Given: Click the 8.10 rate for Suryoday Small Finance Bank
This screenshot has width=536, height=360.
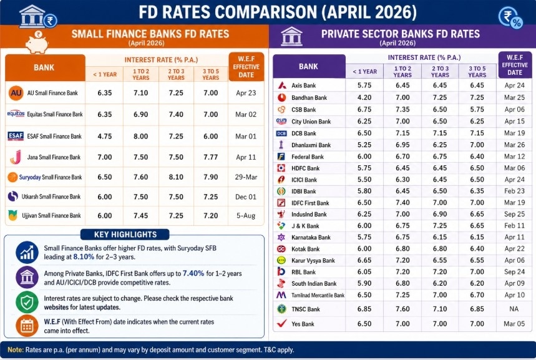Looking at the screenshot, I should (x=176, y=177).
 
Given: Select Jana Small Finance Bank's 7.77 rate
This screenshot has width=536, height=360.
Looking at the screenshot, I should (x=211, y=157).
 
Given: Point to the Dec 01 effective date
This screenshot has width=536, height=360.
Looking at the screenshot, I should (x=246, y=197).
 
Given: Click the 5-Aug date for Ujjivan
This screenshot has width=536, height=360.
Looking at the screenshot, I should (x=246, y=215).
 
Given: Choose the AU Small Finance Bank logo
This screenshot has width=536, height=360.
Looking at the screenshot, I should (x=16, y=93).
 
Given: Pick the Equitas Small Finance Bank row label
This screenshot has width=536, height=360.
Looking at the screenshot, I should (x=54, y=114).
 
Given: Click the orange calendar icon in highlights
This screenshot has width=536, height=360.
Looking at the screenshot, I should (x=26, y=326).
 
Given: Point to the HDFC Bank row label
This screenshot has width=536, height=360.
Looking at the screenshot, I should (x=305, y=168).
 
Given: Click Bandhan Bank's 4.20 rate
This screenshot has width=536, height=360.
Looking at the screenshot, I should (x=364, y=97).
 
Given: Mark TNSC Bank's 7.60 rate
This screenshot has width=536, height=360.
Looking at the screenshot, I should (x=402, y=309).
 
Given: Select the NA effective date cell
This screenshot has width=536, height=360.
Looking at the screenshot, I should (x=515, y=309).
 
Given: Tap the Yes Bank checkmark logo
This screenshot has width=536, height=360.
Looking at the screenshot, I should (x=281, y=324).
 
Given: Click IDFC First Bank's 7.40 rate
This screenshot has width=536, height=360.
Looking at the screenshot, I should (x=402, y=203).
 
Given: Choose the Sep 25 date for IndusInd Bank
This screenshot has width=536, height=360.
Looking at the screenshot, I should (x=515, y=214).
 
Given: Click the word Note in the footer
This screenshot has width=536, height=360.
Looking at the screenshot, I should (x=16, y=350).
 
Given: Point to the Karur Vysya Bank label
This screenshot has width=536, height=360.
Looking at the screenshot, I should (x=313, y=260).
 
